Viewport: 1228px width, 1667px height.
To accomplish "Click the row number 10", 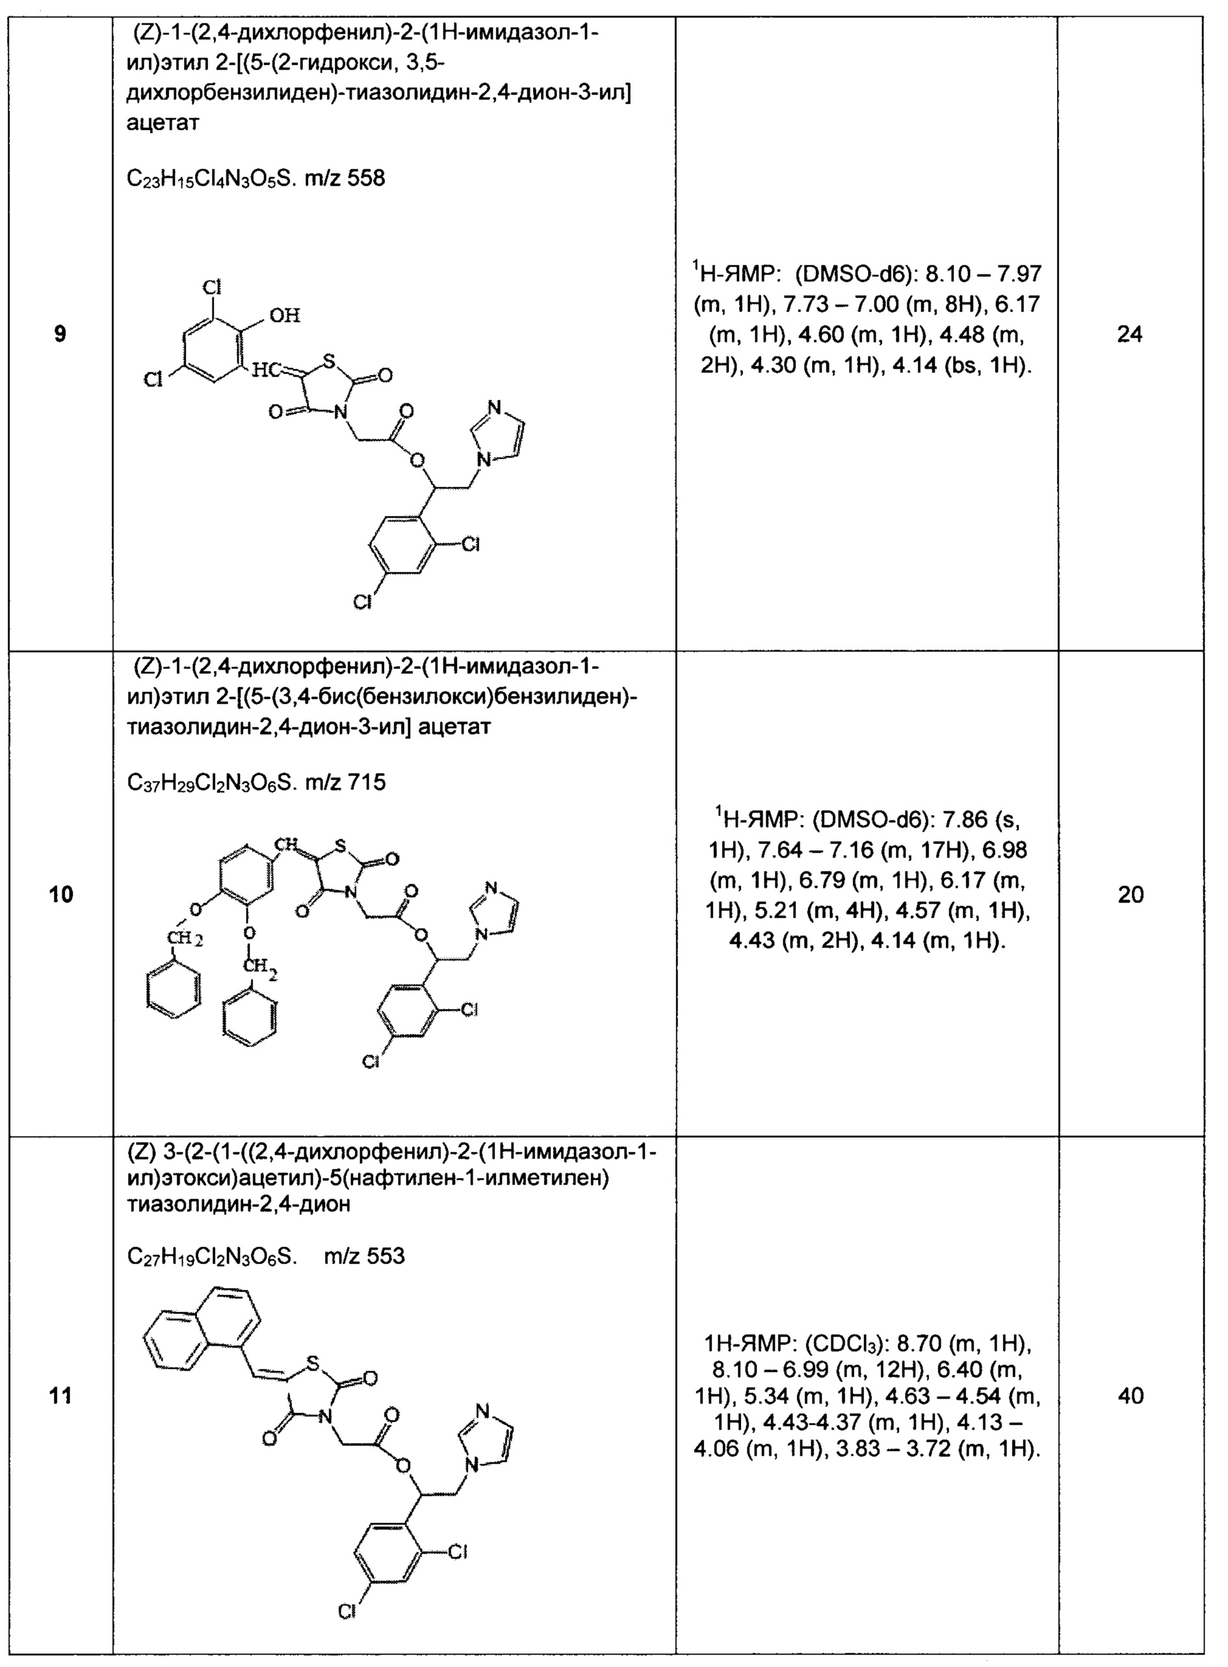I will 61,894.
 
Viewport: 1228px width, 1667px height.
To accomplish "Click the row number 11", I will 61,1396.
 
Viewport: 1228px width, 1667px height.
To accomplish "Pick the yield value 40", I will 1130,1396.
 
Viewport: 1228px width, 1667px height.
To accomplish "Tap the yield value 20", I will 1130,895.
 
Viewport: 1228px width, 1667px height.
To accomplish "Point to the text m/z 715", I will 345,782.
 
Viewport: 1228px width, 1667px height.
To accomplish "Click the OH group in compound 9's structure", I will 284,316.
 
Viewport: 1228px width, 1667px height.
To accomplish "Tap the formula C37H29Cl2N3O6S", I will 212,782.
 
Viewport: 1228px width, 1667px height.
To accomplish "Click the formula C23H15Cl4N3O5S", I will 212,178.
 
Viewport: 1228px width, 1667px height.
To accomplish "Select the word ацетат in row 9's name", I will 163,123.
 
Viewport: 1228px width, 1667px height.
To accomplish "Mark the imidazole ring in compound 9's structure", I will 498,434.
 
